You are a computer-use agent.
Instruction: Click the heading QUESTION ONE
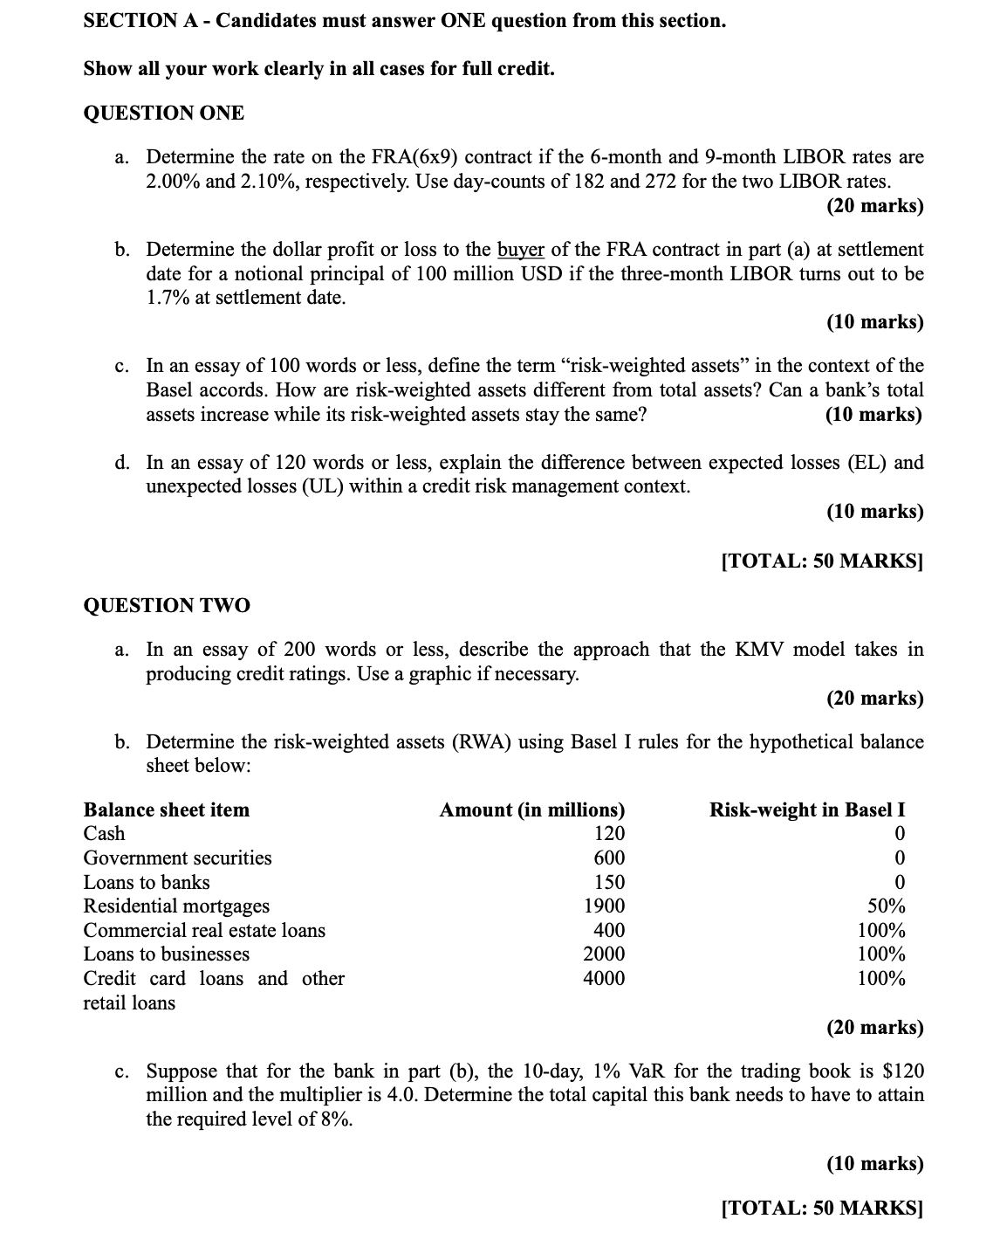point(163,113)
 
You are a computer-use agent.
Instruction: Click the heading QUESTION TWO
point(166,605)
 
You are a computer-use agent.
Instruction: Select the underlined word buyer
point(520,250)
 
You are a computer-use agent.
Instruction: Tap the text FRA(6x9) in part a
point(415,157)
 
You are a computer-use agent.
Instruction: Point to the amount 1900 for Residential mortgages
point(604,906)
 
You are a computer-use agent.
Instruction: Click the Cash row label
point(104,834)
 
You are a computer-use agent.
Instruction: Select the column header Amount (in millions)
point(531,809)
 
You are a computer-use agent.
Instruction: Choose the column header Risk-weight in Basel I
point(806,809)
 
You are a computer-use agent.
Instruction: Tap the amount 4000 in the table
point(604,978)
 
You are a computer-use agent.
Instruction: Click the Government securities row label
point(177,858)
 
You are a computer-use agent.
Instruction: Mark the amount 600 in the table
point(609,858)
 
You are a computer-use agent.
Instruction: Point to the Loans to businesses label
point(166,954)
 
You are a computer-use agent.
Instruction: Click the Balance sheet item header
point(166,809)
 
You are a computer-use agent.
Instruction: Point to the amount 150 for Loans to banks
point(609,882)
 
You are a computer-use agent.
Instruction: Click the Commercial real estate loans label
point(204,931)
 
